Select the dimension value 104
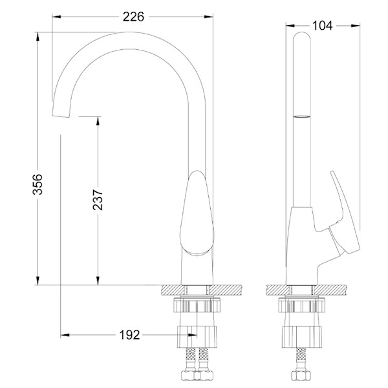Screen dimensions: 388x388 point(321,25)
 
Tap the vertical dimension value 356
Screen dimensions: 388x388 point(39,186)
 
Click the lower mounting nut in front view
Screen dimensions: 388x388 point(199,336)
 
